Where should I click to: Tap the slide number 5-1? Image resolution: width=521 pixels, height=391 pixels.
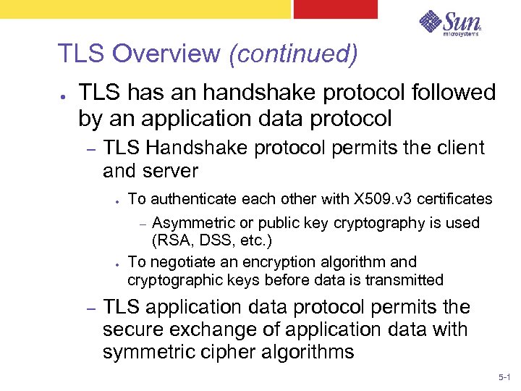point(504,378)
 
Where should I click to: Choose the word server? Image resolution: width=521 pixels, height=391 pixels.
point(171,172)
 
